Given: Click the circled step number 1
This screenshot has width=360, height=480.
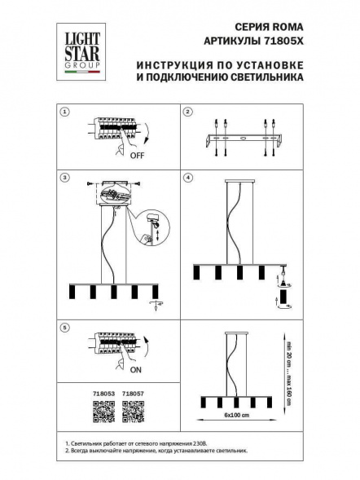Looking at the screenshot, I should (66, 112).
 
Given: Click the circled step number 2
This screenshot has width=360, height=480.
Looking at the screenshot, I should (187, 112).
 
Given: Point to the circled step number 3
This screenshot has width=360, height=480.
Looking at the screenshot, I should (66, 176).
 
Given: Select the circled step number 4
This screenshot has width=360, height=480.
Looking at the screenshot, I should (187, 176).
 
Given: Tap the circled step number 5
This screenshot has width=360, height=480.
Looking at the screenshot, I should (66, 328).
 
